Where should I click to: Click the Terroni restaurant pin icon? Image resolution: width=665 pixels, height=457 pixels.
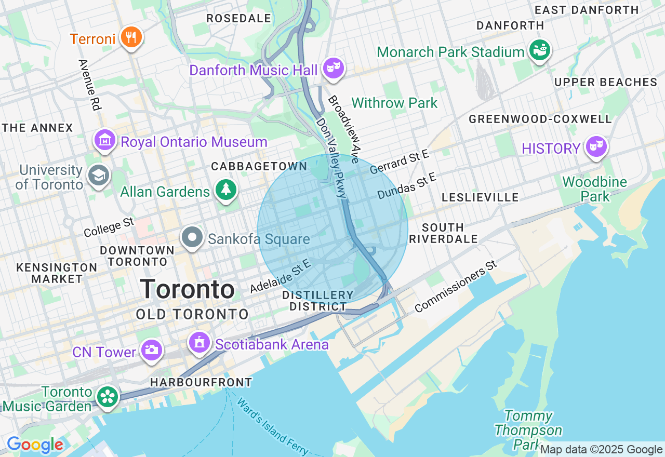point(131,38)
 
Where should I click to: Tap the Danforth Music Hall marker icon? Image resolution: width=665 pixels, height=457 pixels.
point(333,68)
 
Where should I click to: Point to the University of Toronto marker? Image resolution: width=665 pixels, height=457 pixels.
point(98,175)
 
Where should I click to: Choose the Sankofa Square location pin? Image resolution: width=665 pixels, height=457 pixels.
point(192,237)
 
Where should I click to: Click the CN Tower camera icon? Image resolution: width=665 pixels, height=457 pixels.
point(151,350)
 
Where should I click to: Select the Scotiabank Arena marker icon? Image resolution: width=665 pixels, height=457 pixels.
point(199,343)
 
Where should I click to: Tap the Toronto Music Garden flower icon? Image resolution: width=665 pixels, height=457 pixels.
point(108,397)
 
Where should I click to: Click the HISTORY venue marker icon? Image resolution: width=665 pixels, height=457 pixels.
point(596,147)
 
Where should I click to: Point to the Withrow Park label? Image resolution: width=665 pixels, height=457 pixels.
point(394,103)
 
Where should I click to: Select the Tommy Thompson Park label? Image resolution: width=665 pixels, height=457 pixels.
point(528,430)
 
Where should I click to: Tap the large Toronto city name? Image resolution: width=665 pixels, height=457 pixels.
point(187,289)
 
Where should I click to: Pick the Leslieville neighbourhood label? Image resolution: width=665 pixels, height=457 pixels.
point(480,197)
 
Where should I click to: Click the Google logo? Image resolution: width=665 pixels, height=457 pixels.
point(35,445)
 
